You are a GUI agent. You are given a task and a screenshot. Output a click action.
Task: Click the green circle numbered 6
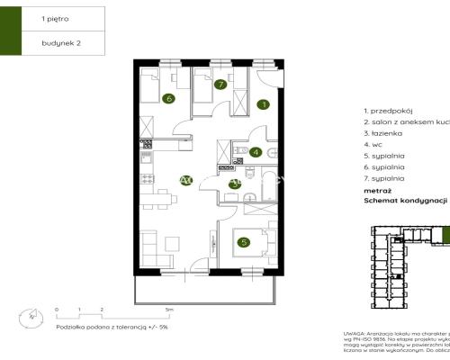click(x=167, y=98)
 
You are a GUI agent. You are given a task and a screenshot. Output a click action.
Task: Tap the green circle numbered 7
click(x=220, y=85)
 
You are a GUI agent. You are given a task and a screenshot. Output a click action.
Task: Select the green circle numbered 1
click(x=263, y=104)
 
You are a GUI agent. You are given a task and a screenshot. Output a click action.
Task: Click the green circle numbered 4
click(x=256, y=152)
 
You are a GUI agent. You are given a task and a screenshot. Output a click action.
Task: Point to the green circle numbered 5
click(x=243, y=242)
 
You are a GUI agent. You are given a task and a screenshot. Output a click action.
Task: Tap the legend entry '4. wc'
click(x=369, y=144)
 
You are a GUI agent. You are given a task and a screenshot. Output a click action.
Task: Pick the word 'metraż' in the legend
click(x=377, y=191)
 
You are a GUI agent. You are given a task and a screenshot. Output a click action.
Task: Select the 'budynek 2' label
click(x=59, y=42)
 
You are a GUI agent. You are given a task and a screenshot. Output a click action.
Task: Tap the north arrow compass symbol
click(x=33, y=316)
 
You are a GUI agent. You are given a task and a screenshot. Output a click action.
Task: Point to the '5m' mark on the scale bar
click(x=181, y=309)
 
